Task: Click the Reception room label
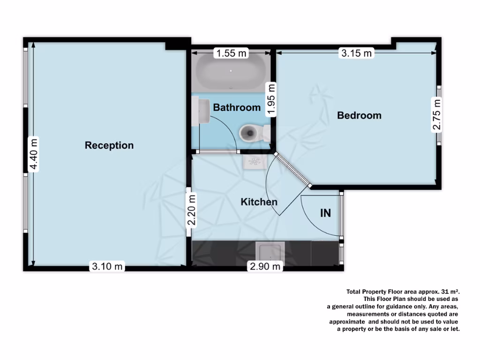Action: click(109, 145)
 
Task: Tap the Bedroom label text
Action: click(359, 115)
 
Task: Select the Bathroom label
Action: click(237, 107)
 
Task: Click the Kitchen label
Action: click(259, 202)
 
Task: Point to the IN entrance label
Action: click(325, 213)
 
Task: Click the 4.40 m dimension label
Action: click(33, 154)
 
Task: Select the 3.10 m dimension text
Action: click(107, 267)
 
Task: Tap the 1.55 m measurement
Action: click(231, 53)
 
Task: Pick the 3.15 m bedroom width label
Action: click(356, 53)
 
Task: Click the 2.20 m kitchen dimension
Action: click(191, 210)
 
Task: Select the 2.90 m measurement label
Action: click(265, 267)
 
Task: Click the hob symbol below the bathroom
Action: click(255, 162)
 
